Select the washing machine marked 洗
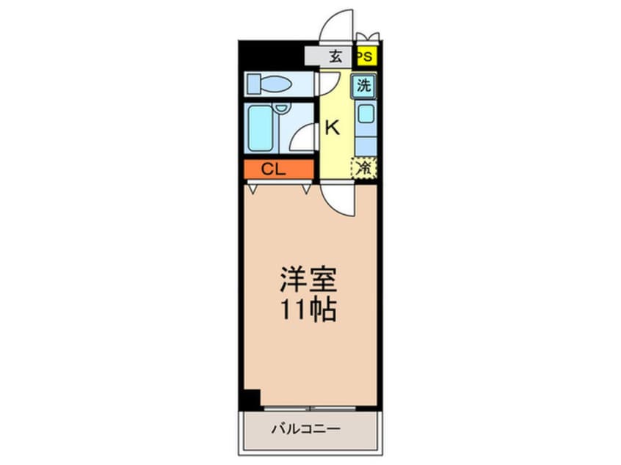click(364, 85)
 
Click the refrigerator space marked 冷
click(364, 168)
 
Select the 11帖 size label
click(307, 311)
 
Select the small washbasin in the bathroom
click(281, 109)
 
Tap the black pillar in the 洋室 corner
click(252, 398)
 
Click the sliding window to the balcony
click(312, 407)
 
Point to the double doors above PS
click(366, 38)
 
